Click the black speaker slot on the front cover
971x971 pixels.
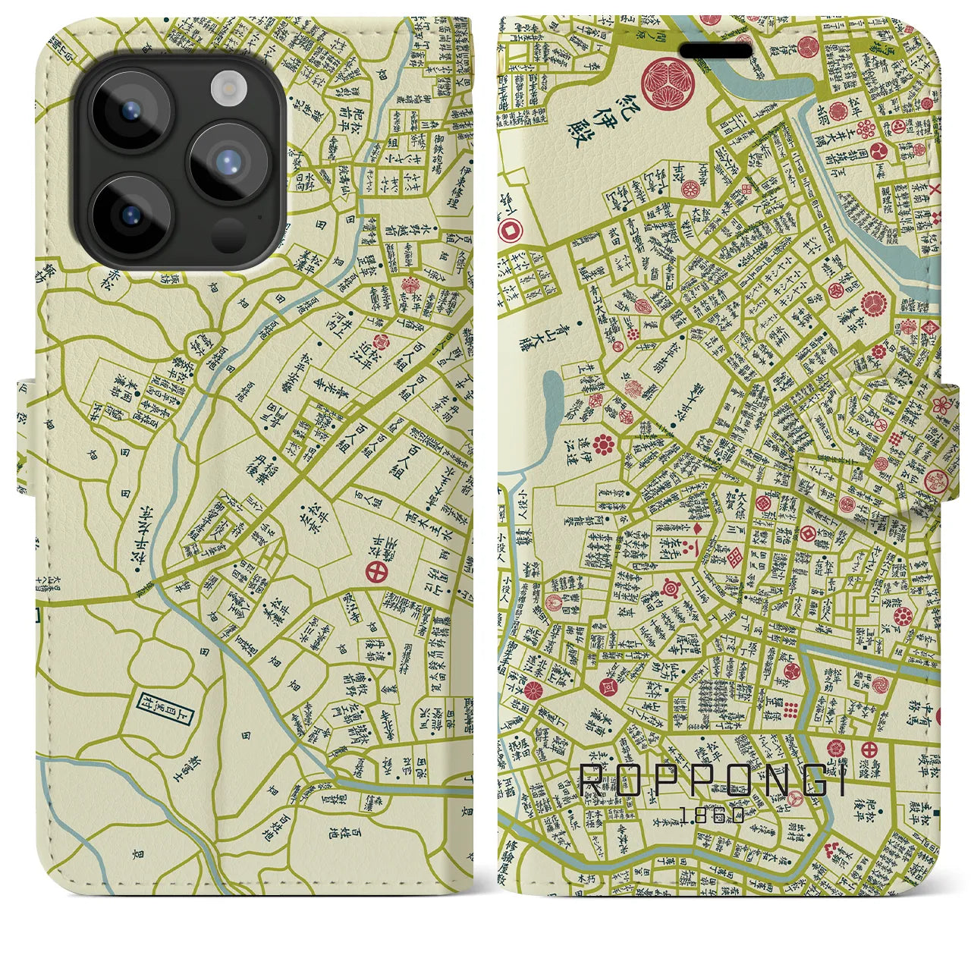(715, 50)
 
